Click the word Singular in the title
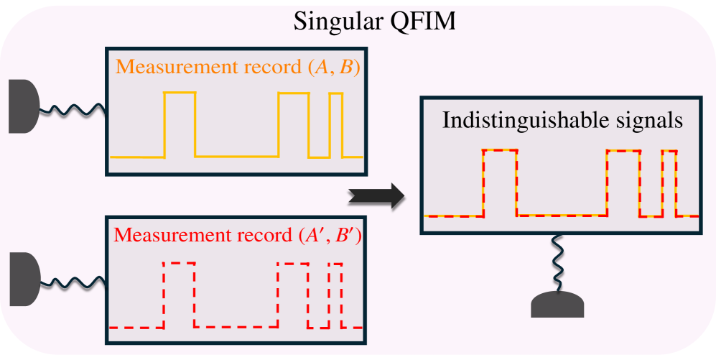[333, 22]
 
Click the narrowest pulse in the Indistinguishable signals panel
[669, 183]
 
